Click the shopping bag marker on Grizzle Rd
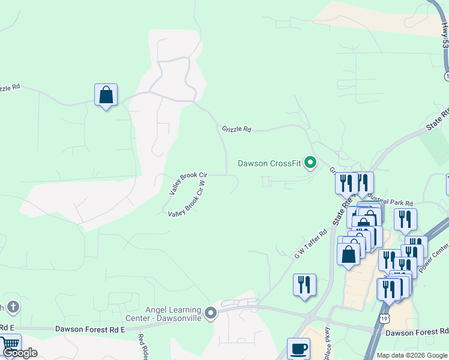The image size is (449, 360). click(106, 95)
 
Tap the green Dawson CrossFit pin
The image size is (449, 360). click(310, 163)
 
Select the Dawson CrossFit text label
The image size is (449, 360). click(269, 163)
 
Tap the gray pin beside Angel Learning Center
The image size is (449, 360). click(210, 313)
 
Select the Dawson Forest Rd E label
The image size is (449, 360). click(90, 329)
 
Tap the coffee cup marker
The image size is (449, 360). click(298, 349)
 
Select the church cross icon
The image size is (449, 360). click(13, 308)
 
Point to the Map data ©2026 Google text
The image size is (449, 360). click(412, 355)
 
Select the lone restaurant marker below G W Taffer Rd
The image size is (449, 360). click(304, 285)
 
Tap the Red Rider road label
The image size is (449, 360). click(142, 347)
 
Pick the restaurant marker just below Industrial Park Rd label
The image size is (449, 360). click(406, 220)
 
